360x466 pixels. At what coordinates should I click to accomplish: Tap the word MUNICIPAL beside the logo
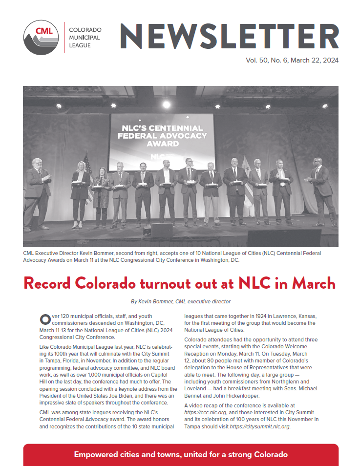tap(85, 38)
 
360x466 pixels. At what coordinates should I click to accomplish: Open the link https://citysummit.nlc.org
tap(260, 426)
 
